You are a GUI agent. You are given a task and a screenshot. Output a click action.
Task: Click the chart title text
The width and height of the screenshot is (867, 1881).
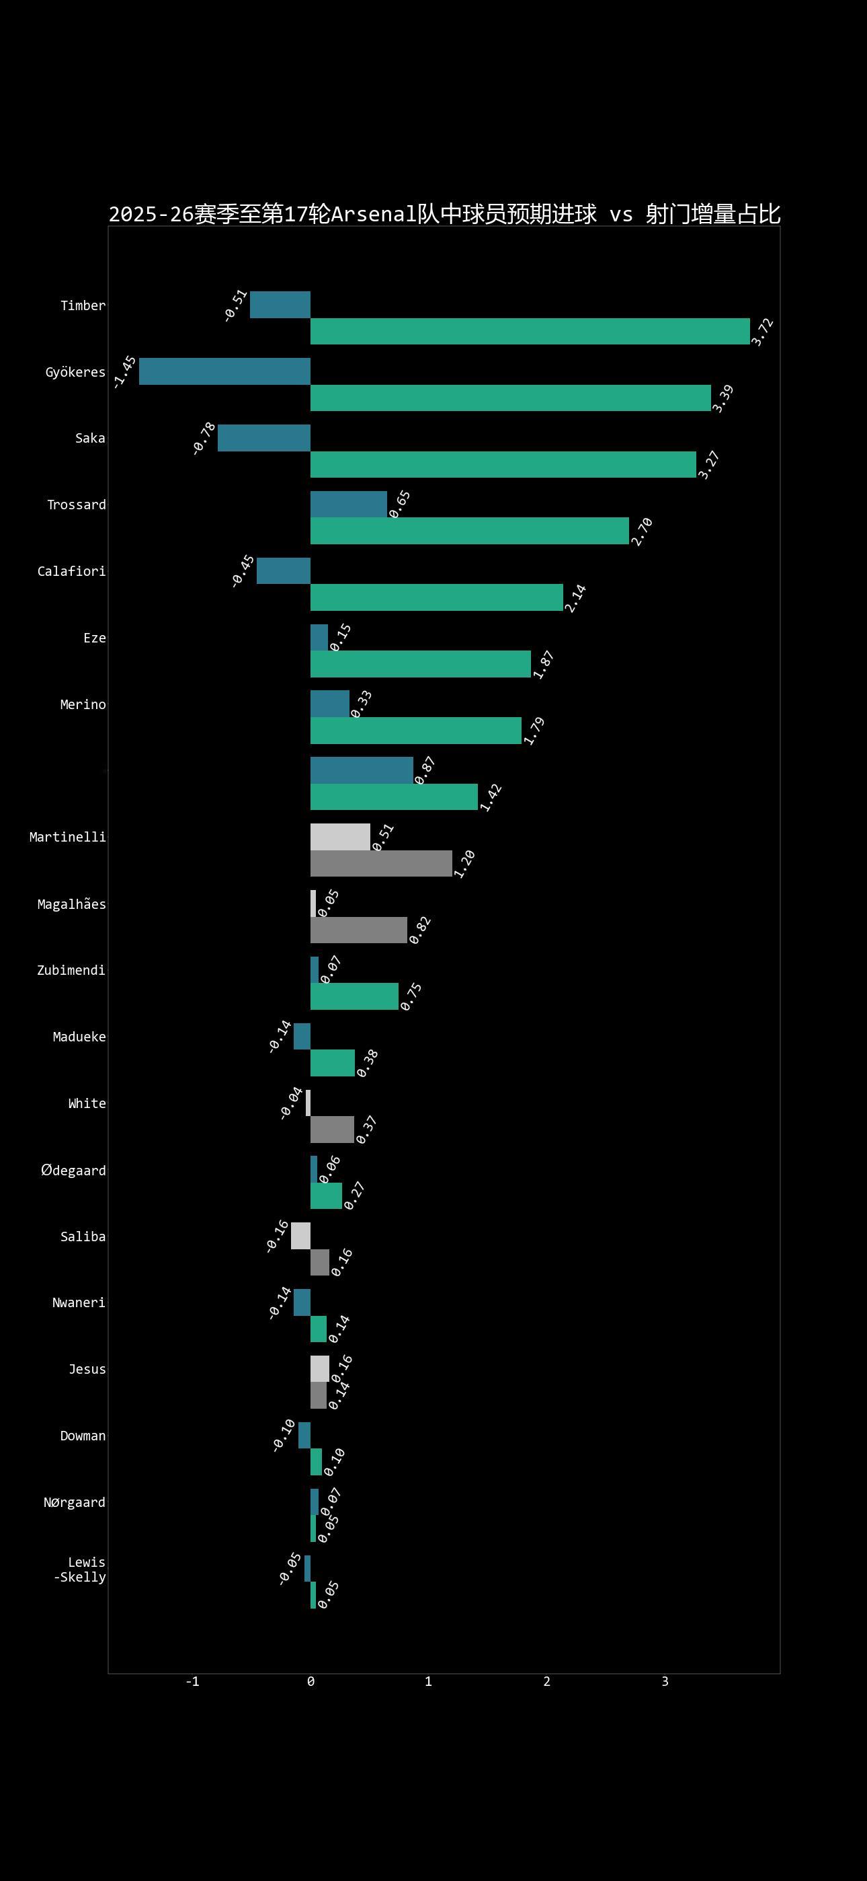click(444, 214)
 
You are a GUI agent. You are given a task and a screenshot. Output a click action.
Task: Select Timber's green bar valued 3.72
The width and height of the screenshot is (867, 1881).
click(530, 332)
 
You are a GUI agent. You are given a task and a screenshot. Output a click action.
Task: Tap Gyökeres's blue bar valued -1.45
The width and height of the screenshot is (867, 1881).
click(224, 371)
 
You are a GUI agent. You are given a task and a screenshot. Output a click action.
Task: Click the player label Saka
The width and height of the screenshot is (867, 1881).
click(91, 438)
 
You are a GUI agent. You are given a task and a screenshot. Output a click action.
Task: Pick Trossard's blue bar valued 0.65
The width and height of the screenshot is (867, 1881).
click(349, 504)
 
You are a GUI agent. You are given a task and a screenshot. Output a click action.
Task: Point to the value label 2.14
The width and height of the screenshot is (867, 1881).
click(576, 599)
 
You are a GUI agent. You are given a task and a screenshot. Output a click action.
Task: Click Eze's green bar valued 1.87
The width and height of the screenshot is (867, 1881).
click(420, 664)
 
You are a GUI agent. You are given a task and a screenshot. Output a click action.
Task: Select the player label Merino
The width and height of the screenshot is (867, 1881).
click(83, 704)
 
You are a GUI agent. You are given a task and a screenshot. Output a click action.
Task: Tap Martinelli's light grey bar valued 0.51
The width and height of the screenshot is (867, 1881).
click(340, 837)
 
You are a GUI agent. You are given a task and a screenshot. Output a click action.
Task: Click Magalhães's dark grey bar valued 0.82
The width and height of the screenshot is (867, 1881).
click(358, 930)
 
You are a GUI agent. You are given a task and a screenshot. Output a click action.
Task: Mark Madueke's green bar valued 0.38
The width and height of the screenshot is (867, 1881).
click(333, 1063)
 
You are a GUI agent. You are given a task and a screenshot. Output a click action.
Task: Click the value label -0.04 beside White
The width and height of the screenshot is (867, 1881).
click(291, 1103)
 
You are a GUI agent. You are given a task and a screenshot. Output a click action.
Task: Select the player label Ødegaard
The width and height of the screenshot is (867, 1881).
click(74, 1171)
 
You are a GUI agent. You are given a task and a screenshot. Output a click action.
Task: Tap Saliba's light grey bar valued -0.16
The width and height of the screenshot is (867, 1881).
click(300, 1236)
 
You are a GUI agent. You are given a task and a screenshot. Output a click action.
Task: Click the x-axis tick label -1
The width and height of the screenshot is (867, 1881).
click(193, 1682)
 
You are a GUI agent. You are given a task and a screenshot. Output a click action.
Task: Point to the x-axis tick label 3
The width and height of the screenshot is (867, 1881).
click(665, 1682)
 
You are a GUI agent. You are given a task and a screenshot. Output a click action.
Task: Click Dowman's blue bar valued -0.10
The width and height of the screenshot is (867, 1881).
click(304, 1436)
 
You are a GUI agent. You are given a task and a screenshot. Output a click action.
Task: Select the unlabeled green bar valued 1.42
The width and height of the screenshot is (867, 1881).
click(394, 797)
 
